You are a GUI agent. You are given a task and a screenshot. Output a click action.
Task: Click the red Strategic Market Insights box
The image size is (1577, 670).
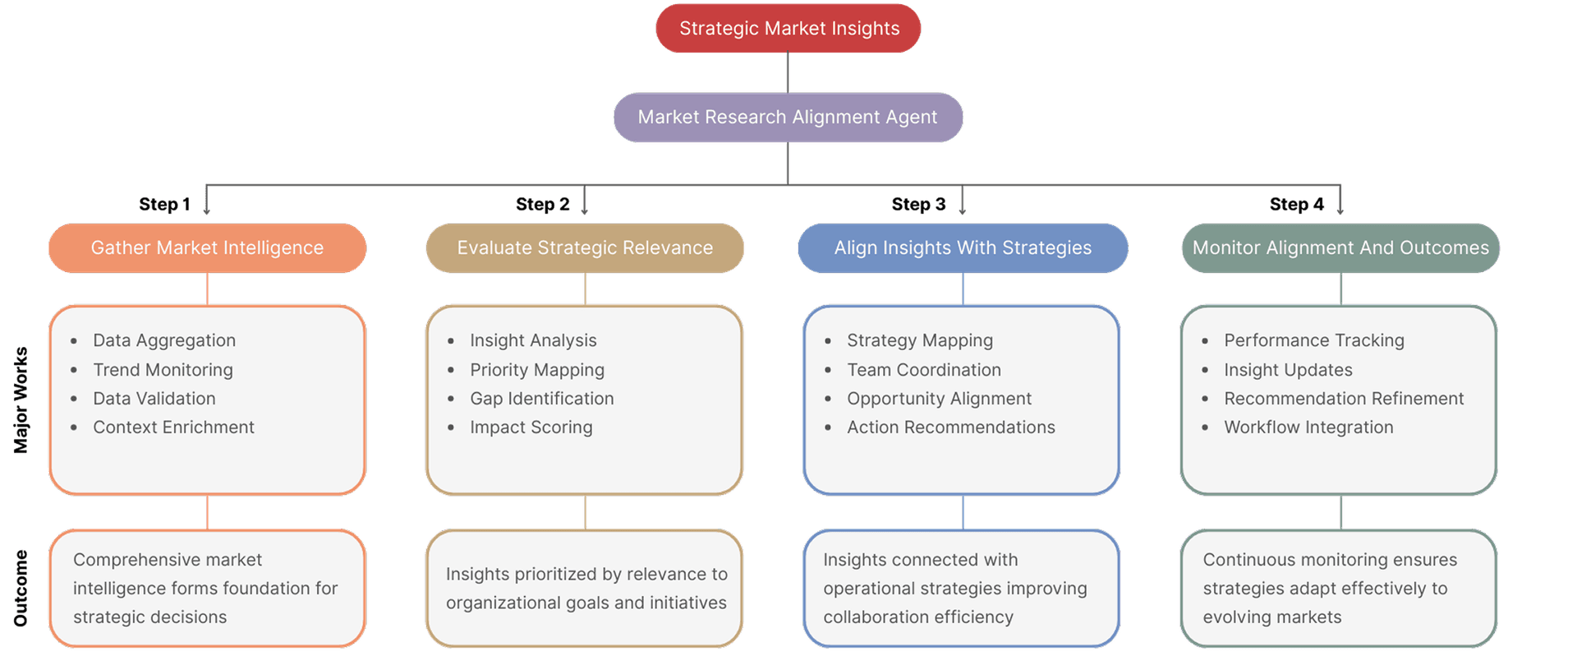788,29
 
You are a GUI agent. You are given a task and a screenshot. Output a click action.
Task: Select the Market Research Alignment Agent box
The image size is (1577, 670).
788,118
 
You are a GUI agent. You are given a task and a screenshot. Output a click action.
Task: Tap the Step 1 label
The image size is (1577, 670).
164,204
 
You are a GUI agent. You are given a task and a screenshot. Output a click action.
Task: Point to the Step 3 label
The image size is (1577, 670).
918,204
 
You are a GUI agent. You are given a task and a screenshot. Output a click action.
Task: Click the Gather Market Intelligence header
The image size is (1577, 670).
207,248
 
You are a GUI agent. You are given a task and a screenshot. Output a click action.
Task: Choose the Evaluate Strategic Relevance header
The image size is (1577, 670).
585,248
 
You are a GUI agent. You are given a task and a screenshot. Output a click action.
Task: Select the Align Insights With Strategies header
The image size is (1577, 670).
963,248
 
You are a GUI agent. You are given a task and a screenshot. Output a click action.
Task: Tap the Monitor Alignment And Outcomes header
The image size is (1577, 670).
1340,248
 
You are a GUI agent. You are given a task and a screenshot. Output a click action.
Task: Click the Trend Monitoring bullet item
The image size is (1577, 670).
163,370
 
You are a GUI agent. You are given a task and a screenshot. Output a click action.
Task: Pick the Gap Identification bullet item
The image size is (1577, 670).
541,399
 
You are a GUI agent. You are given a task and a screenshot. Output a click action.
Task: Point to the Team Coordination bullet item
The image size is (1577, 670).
923,370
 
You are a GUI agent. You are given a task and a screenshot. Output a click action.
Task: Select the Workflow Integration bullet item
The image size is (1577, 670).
1308,427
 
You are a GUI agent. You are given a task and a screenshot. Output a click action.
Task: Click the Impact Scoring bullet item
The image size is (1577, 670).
531,427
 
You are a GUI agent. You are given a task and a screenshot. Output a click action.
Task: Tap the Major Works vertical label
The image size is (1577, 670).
21,400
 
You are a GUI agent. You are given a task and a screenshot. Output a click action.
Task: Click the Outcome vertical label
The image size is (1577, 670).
21,588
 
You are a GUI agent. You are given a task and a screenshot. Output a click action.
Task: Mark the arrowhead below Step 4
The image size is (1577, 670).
1340,212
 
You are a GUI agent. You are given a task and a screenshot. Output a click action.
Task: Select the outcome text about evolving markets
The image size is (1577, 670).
1329,589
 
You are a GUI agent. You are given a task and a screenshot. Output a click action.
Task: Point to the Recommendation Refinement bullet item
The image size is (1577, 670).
1344,399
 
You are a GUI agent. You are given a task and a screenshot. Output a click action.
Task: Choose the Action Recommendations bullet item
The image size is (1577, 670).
950,427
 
